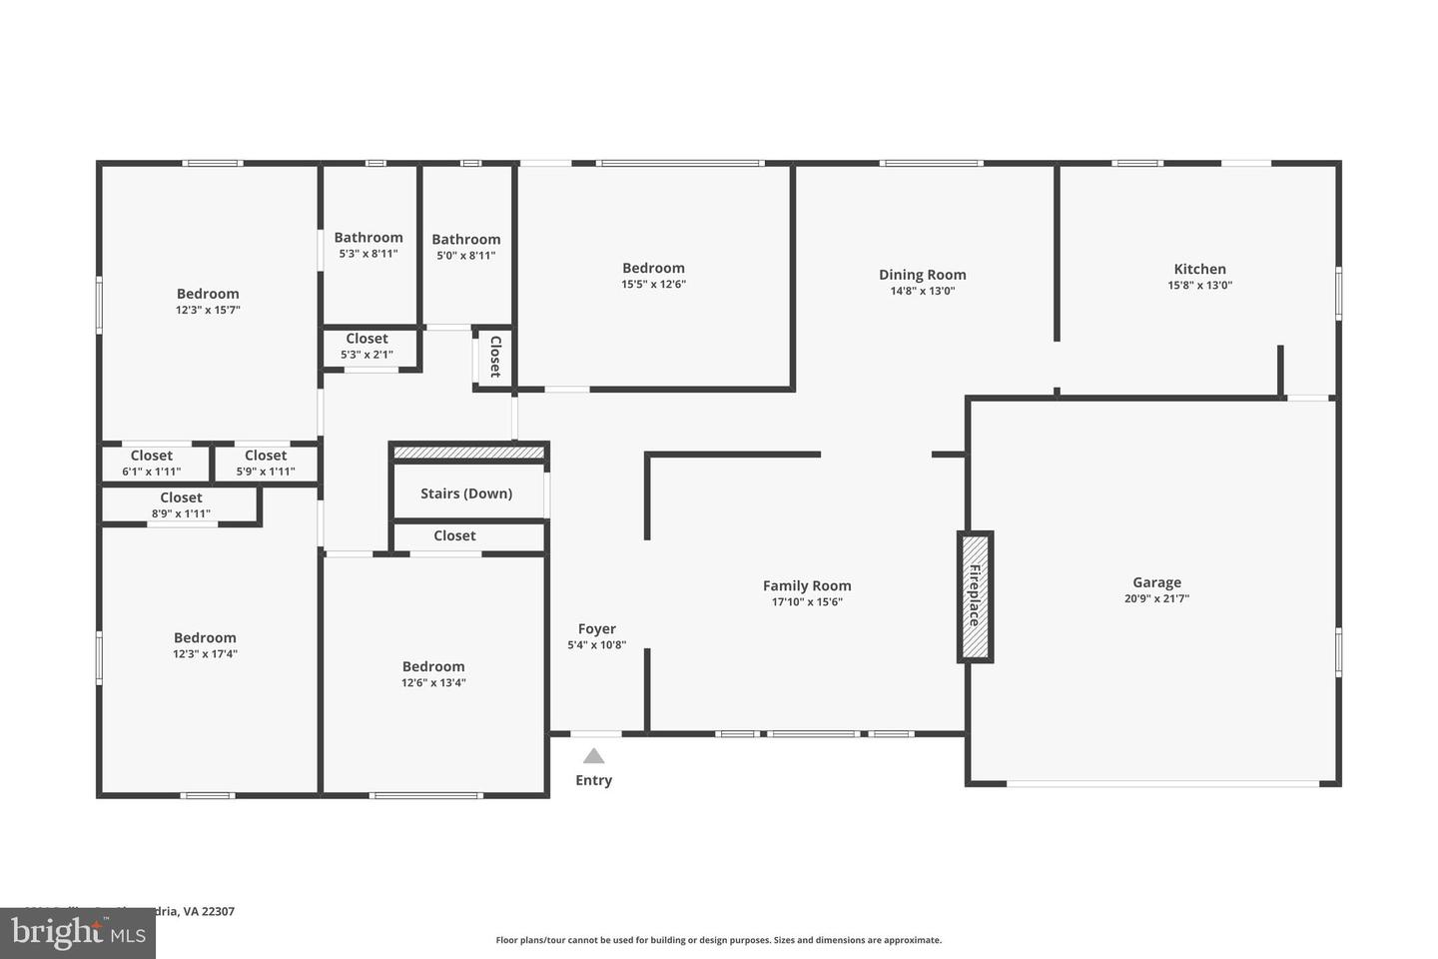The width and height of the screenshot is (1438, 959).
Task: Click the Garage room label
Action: (1156, 582)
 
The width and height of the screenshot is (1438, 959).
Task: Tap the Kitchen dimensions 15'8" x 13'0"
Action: (1199, 286)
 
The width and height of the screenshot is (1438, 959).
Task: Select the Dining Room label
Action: (922, 275)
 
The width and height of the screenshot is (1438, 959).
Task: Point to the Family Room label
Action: (807, 586)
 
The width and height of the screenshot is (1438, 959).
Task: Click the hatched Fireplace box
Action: (975, 596)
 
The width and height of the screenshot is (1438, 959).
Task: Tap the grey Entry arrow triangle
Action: (594, 756)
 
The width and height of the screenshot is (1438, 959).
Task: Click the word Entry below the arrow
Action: (593, 780)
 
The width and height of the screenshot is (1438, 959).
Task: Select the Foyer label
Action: (596, 628)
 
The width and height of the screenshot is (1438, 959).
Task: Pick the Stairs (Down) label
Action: (466, 493)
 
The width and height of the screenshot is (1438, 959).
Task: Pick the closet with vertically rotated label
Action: (494, 357)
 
